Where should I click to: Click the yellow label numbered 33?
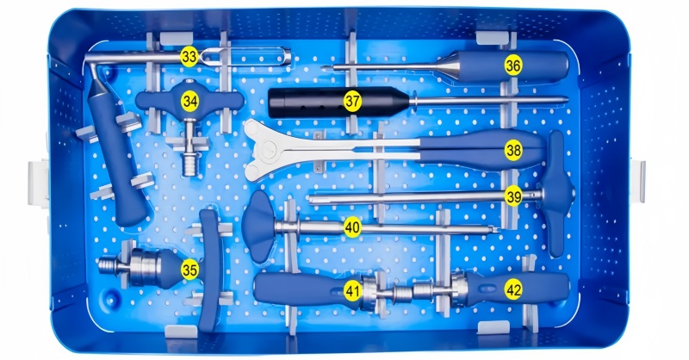tap(189, 57)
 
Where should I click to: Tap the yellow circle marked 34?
tap(189, 102)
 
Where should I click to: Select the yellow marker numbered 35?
tap(189, 270)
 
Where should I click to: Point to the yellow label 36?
tap(513, 65)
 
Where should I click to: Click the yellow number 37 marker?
tap(352, 102)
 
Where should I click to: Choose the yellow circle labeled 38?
tap(513, 151)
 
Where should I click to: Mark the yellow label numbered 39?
tap(513, 196)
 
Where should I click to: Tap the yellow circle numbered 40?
tap(352, 227)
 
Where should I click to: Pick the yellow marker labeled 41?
tap(352, 291)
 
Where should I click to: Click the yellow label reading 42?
tap(513, 290)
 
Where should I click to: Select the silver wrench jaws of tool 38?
tap(268, 150)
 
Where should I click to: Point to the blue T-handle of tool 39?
tap(557, 194)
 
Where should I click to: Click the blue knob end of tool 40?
tap(258, 227)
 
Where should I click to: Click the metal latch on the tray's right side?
tap(638, 181)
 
